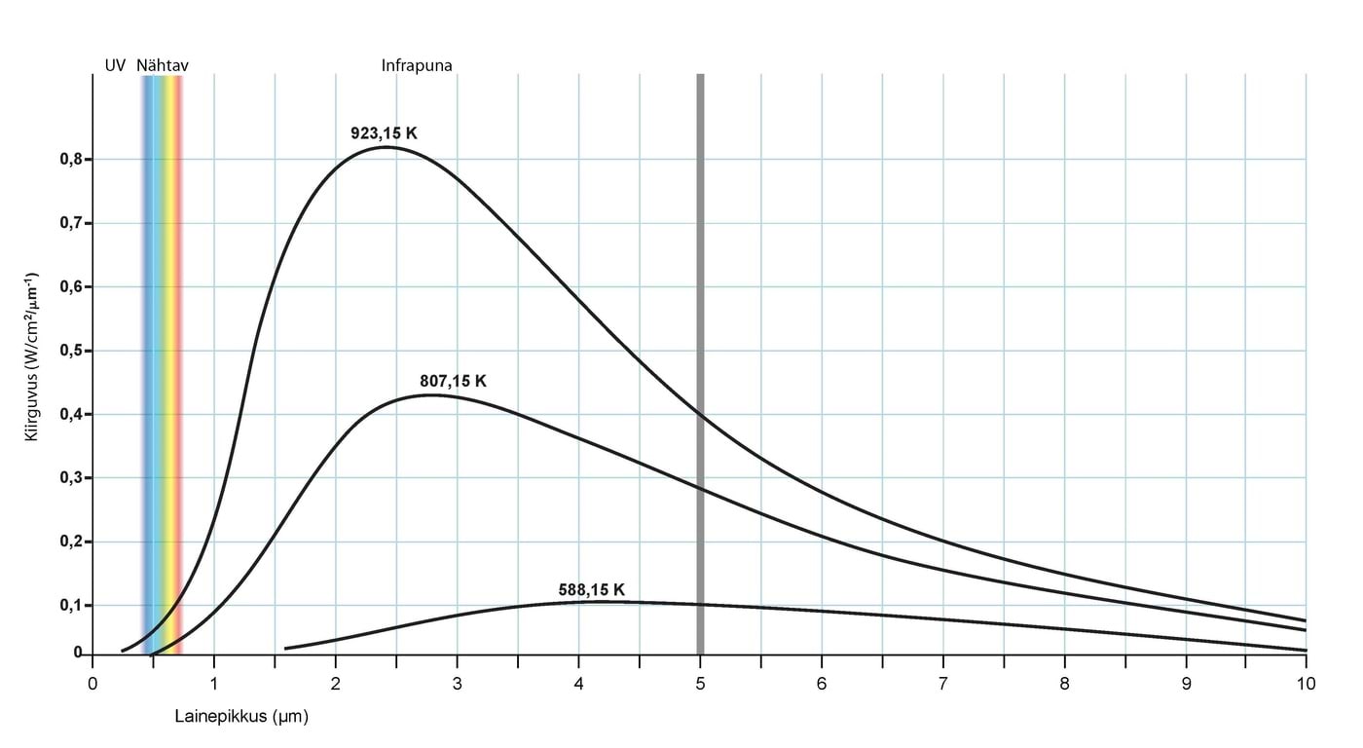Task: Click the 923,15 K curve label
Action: (x=384, y=133)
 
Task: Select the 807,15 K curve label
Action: (x=453, y=382)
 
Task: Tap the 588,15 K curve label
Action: (x=591, y=590)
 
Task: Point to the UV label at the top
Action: (x=115, y=65)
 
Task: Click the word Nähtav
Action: (x=162, y=65)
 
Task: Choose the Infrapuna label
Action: (x=417, y=65)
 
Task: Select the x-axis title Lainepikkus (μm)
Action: (x=241, y=717)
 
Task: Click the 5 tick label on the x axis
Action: (x=700, y=684)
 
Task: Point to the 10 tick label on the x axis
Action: (x=1306, y=684)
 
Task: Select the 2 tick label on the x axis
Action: (x=335, y=684)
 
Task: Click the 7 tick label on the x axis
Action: (x=942, y=684)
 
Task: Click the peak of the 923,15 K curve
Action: (x=387, y=147)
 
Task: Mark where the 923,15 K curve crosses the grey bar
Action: (x=700, y=415)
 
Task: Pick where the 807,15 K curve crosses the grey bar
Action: (x=700, y=487)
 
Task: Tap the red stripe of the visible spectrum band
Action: (x=178, y=360)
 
